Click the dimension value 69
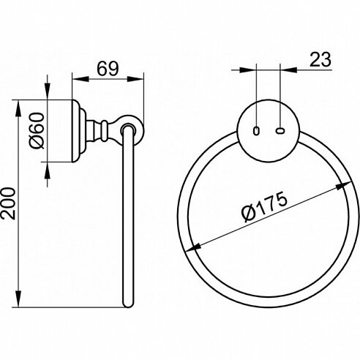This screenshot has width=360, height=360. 108,68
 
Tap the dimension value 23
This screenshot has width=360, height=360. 320,59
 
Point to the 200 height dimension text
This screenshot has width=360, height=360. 8,203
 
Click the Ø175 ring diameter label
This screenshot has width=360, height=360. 265,206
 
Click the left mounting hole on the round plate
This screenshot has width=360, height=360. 256,131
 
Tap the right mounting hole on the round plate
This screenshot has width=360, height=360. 280,131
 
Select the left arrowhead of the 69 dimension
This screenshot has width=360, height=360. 80,79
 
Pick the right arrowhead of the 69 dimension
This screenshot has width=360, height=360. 135,79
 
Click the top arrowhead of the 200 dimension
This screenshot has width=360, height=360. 18,109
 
